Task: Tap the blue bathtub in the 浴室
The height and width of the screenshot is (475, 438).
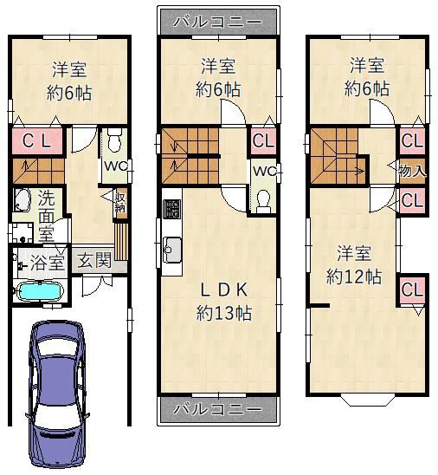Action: [42, 291]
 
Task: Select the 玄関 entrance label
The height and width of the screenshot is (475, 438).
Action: [94, 260]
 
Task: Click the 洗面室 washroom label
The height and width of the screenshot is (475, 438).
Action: [47, 215]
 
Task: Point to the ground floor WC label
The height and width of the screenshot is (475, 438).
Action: [116, 166]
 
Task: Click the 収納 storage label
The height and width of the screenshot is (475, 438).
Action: [121, 202]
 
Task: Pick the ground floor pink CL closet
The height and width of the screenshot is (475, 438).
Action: [37, 141]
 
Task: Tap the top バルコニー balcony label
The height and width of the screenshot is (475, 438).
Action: [218, 22]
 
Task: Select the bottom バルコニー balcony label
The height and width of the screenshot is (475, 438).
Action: [218, 409]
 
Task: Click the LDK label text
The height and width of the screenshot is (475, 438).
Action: [224, 290]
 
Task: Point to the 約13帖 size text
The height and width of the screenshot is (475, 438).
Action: [224, 313]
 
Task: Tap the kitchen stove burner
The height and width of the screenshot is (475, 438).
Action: [171, 209]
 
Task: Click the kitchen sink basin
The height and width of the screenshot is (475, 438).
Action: [172, 250]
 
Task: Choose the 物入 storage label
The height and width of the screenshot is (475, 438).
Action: [413, 171]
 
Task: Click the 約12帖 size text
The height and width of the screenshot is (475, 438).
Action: [354, 277]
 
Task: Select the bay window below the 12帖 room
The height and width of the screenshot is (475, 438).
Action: [368, 400]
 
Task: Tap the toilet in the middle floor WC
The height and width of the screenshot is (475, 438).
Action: [263, 201]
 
